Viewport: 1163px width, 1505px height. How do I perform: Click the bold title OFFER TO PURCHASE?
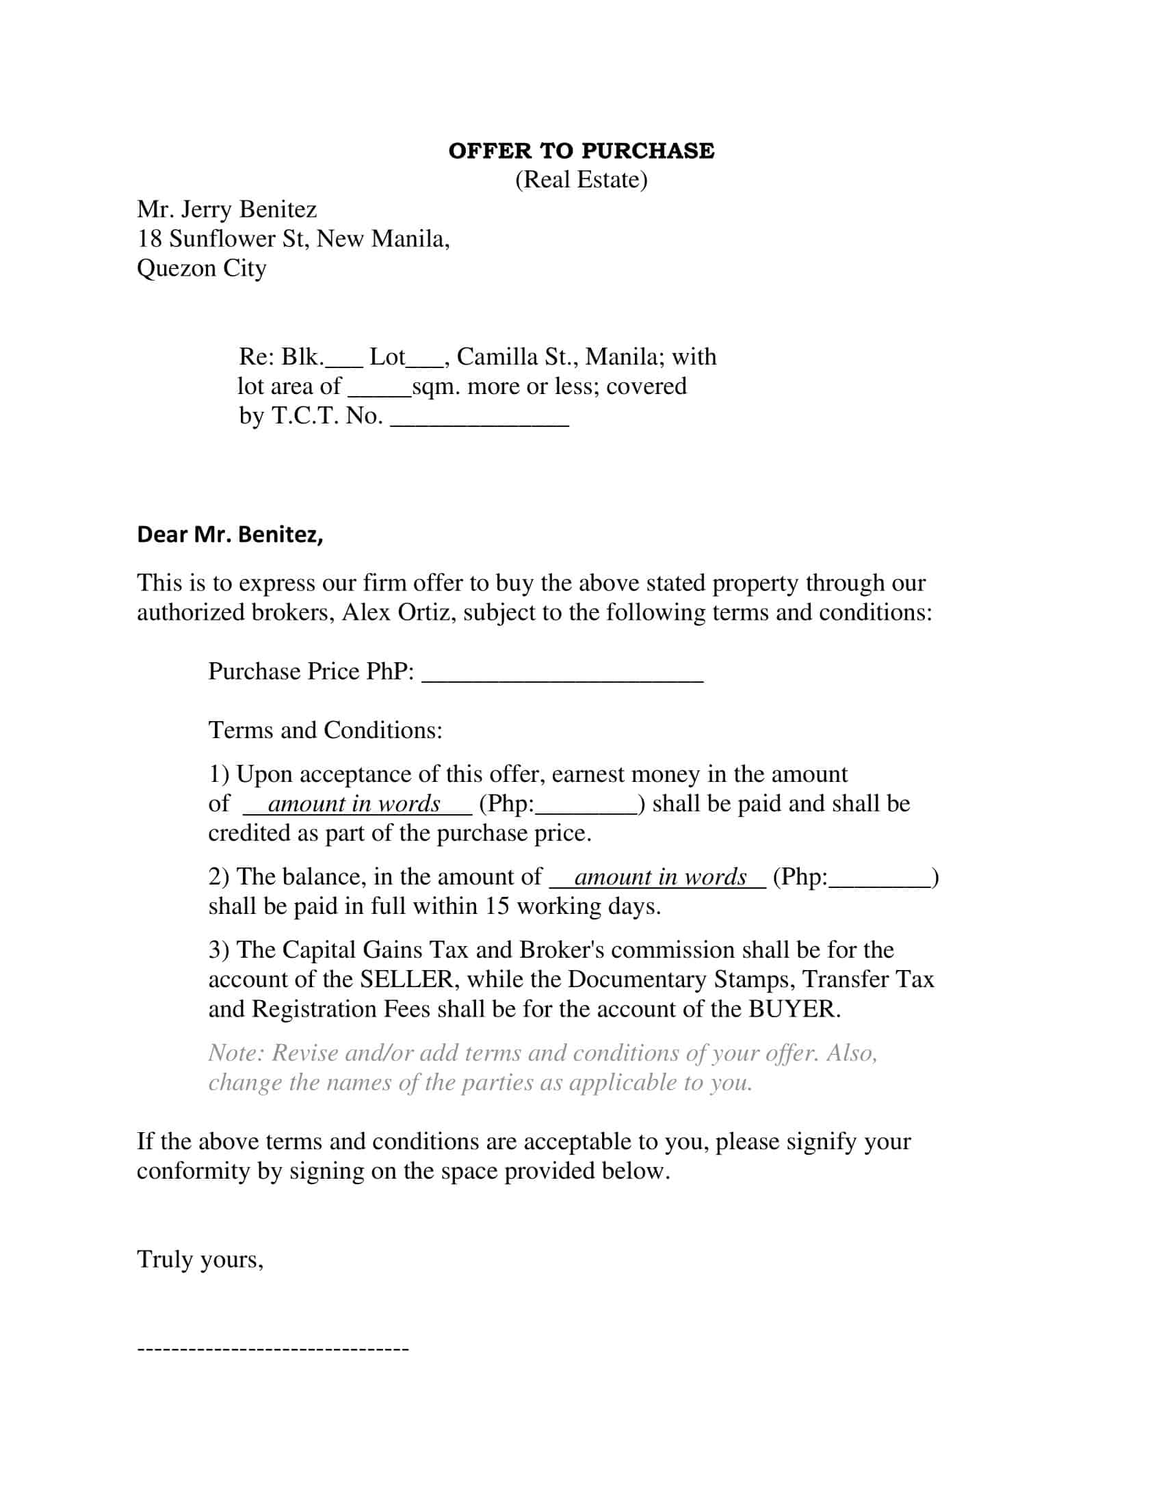(x=581, y=151)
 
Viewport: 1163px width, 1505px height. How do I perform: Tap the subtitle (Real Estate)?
(x=581, y=180)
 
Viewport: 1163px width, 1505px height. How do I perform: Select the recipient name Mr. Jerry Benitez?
(x=226, y=209)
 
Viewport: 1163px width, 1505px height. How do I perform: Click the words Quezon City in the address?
(x=201, y=268)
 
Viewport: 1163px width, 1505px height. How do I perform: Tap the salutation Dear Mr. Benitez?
(x=230, y=534)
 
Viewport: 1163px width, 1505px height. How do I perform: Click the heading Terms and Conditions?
(x=325, y=731)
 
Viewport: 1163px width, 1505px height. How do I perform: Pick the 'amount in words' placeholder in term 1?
(x=355, y=804)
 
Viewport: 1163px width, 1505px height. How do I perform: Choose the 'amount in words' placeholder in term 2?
(x=660, y=877)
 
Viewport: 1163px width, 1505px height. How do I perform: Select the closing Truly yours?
(x=200, y=1259)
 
